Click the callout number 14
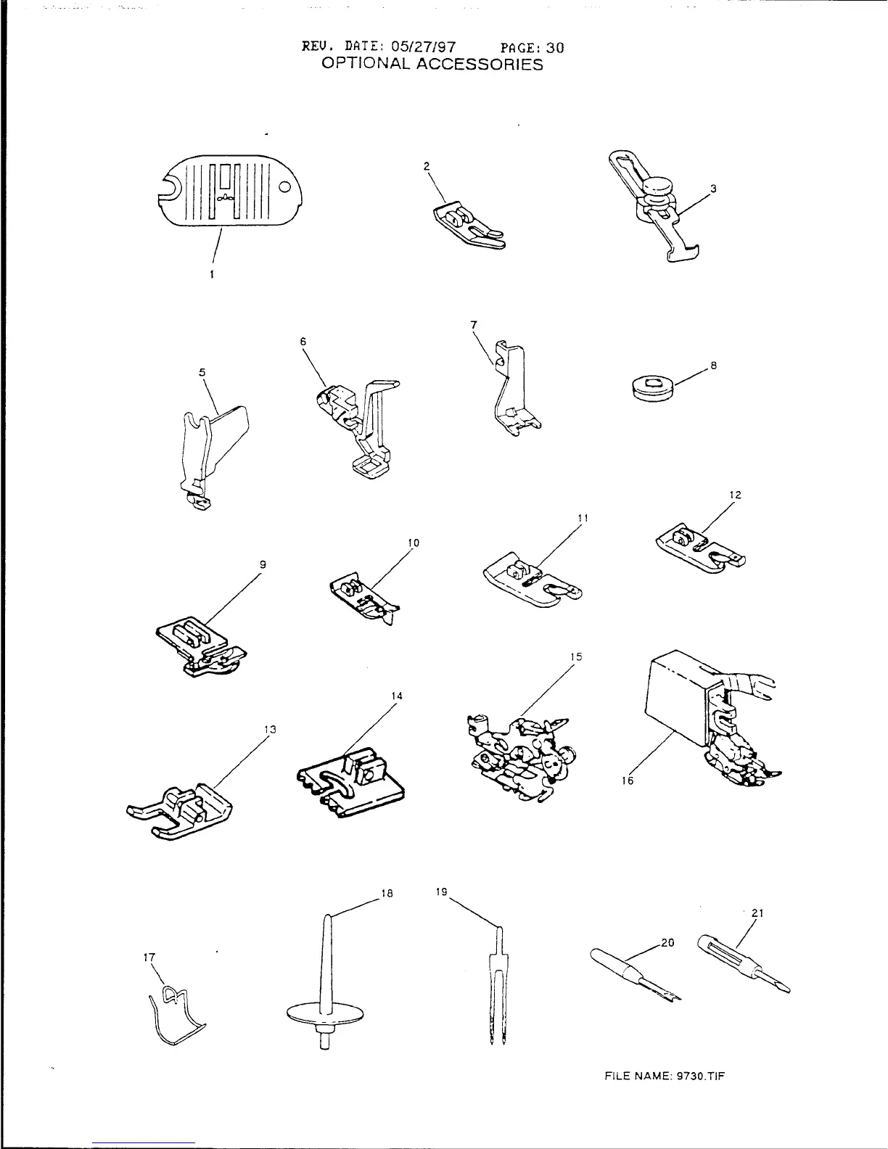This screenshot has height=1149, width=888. (x=397, y=696)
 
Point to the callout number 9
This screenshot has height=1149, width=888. (x=263, y=564)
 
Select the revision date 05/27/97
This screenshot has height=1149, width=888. (x=424, y=48)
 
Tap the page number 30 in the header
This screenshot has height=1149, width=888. (x=555, y=48)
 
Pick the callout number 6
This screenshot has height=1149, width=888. (x=303, y=340)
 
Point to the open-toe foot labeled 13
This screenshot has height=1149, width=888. (x=180, y=810)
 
